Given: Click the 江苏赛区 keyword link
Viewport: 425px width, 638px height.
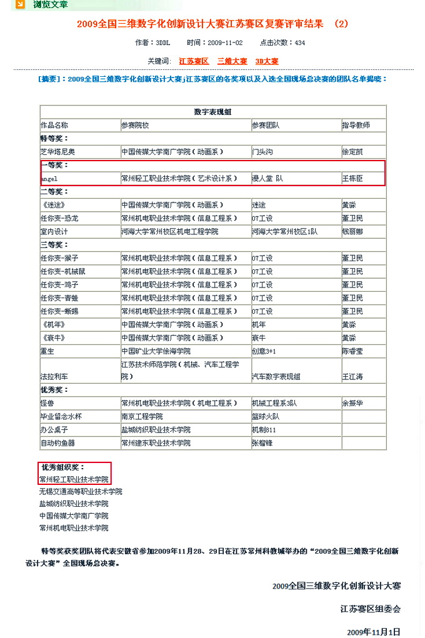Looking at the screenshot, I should tap(194, 61).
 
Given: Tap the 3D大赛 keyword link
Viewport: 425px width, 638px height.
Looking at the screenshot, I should tap(267, 61).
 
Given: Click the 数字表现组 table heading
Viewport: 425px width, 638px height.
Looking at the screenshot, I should tap(212, 112).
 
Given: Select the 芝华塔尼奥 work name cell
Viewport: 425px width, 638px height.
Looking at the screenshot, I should tap(57, 152).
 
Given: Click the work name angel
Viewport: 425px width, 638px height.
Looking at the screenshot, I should tap(49, 179).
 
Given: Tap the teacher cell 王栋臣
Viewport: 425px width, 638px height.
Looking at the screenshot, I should tap(352, 179).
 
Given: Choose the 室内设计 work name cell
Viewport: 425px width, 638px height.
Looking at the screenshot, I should tap(54, 231).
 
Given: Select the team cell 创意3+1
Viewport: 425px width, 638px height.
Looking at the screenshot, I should tap(264, 351).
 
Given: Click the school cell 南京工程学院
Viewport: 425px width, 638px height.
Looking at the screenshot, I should tap(142, 416).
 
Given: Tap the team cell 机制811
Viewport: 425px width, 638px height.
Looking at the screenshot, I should tap(264, 430).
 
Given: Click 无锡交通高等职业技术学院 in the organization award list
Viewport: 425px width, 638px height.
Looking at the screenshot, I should tap(81, 492).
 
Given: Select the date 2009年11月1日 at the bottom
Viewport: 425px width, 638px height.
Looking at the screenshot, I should tap(373, 631).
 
